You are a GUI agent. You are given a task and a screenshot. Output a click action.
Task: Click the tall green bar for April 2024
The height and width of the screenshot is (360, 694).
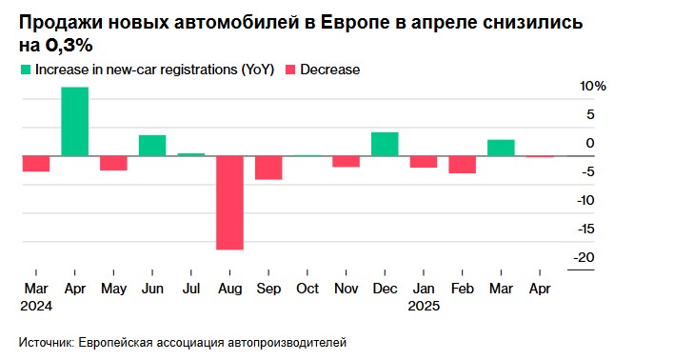click(x=75, y=121)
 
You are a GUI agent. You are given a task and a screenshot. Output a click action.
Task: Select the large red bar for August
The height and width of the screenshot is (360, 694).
click(x=229, y=202)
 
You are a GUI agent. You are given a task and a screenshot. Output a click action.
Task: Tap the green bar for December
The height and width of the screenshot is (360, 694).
click(x=385, y=144)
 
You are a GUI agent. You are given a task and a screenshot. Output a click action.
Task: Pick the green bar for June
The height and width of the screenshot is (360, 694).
click(x=152, y=145)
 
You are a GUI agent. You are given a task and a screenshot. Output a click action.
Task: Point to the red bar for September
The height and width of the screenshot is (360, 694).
click(x=268, y=167)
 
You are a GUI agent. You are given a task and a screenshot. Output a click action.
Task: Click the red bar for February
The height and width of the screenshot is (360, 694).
click(x=463, y=164)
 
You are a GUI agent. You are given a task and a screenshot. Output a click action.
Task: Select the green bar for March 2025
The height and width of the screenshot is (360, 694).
click(x=501, y=147)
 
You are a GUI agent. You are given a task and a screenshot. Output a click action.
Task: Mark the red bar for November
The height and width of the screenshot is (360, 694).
click(x=346, y=161)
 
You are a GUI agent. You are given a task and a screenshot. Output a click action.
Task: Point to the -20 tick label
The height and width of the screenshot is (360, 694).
click(x=585, y=257)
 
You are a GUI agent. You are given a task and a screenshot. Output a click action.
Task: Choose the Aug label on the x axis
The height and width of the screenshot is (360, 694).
click(x=229, y=288)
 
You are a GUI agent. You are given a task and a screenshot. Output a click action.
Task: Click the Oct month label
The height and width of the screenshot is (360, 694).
click(x=307, y=288)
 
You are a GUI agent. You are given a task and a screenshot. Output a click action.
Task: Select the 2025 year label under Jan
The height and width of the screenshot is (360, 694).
click(x=424, y=306)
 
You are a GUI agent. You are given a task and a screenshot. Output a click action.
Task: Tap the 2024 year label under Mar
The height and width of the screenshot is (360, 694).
click(x=37, y=306)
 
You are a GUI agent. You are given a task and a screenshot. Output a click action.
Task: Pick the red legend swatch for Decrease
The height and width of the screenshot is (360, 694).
click(x=291, y=70)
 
